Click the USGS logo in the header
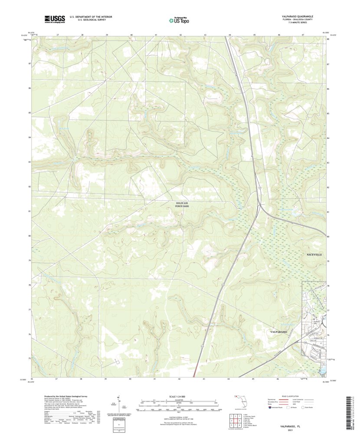54,19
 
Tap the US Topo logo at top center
178,19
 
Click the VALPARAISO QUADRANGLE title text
297,16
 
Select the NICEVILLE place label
314,254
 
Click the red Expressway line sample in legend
288,400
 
